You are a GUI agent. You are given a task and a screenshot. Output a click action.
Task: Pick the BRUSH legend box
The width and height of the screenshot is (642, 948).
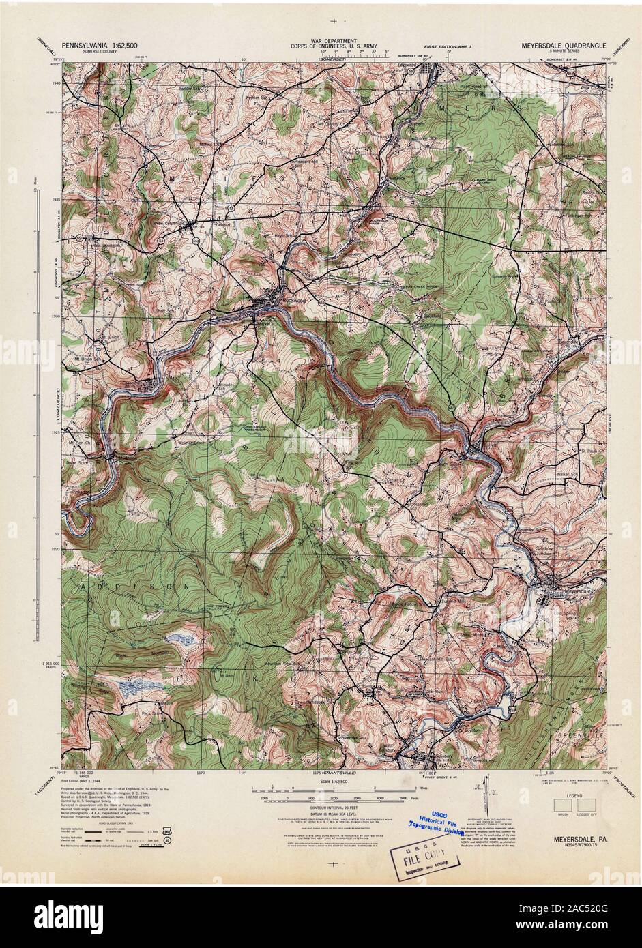[563, 807]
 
